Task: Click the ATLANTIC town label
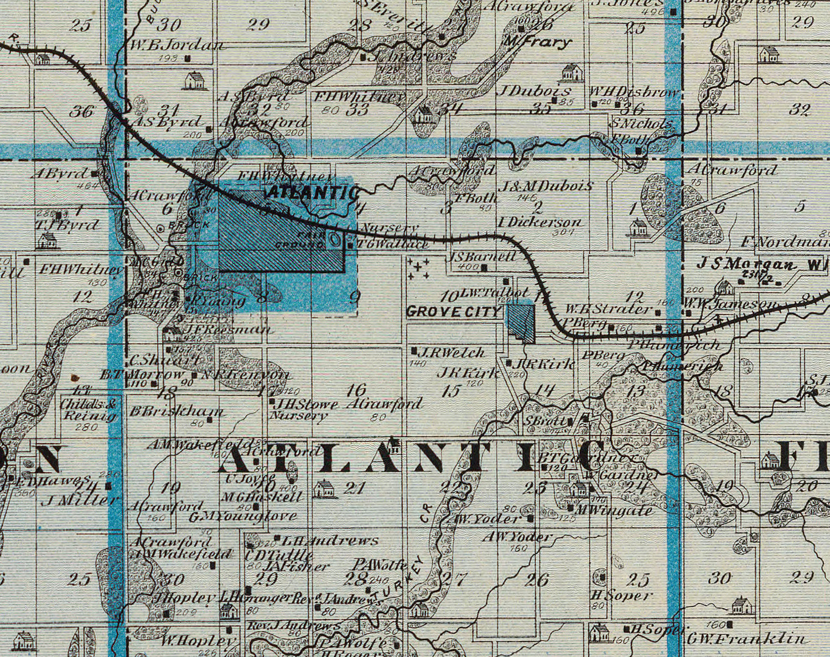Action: coord(313,193)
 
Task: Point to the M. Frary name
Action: coord(536,42)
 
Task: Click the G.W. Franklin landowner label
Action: coord(747,639)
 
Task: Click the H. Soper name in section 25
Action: coord(621,596)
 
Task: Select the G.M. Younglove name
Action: coord(242,516)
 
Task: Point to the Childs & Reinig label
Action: coord(89,410)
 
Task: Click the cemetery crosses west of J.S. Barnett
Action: coord(419,268)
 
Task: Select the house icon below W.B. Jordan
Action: coord(194,81)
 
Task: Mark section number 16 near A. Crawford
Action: coord(356,390)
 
